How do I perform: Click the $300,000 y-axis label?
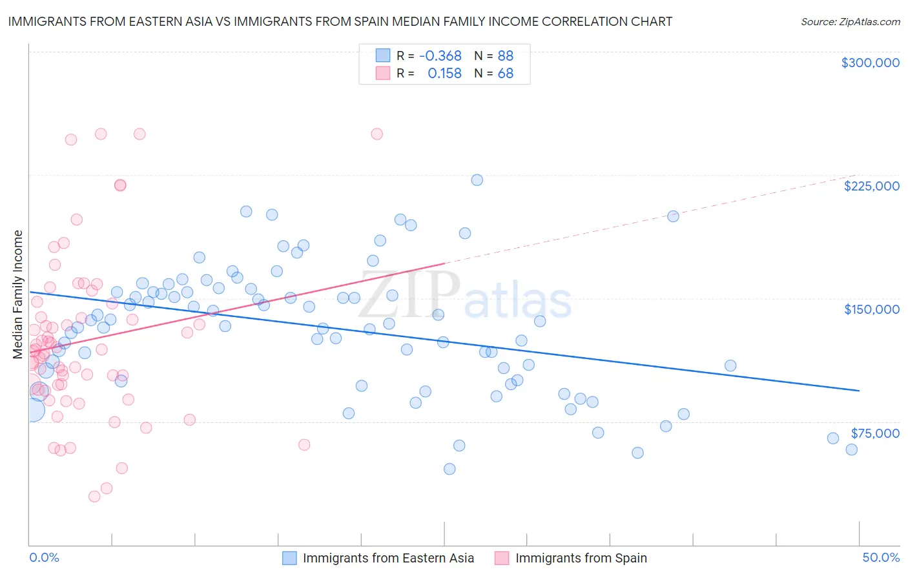click(870, 63)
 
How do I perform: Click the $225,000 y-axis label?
click(871, 186)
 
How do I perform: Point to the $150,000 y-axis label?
click(871, 309)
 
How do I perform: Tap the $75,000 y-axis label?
click(874, 433)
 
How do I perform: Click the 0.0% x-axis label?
click(44, 557)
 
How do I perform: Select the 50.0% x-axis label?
click(881, 557)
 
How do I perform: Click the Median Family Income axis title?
click(18, 294)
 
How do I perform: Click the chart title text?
click(340, 21)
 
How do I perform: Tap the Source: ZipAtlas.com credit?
click(850, 21)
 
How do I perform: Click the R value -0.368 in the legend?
click(440, 56)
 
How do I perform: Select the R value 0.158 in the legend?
click(444, 74)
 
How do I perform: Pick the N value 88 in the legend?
click(505, 56)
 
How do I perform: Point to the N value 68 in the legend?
click(505, 74)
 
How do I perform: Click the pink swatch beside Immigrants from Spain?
click(502, 558)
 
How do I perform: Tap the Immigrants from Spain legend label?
click(581, 558)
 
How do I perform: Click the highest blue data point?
click(477, 180)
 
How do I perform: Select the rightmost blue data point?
click(851, 449)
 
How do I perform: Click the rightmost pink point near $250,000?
click(377, 134)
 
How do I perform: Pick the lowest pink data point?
click(94, 497)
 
